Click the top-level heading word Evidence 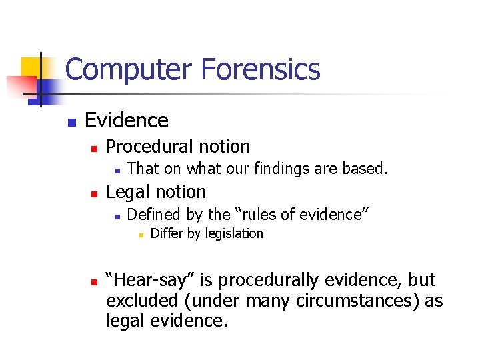pos(127,120)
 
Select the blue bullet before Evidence pos(71,122)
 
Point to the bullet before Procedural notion pos(95,148)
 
